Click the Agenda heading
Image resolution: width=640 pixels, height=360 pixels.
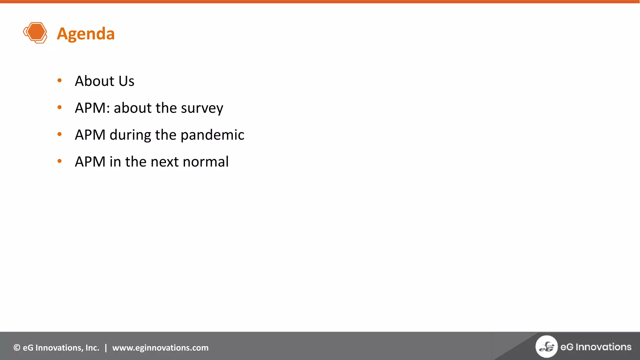click(86, 34)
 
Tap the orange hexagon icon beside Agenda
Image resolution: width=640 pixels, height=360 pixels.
click(35, 32)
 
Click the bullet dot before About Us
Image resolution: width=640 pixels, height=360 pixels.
click(60, 81)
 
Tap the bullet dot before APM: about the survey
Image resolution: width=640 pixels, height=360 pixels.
click(60, 107)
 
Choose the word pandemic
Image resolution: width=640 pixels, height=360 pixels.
click(212, 135)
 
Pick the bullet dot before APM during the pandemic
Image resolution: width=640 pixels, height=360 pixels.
click(60, 134)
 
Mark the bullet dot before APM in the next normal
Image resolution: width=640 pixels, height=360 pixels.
click(60, 161)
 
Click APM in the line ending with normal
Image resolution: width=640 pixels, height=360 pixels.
click(90, 162)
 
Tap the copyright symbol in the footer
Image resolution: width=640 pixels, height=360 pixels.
click(17, 348)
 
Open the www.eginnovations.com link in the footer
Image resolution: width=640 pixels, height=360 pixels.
click(160, 348)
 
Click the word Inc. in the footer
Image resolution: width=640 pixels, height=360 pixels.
click(92, 348)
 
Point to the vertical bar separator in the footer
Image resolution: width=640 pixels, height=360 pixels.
click(106, 348)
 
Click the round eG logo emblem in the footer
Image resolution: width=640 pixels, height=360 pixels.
click(546, 347)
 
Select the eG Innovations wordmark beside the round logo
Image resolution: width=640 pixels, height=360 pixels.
click(596, 347)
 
